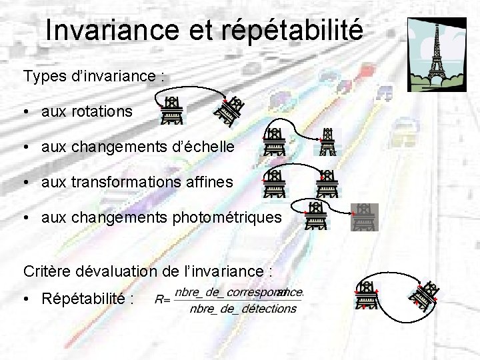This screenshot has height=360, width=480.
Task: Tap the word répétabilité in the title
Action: click(x=291, y=30)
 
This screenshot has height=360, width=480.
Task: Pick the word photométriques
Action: click(x=227, y=217)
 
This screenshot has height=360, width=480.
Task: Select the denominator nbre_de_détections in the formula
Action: click(x=243, y=309)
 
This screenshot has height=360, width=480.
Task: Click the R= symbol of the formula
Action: click(x=162, y=299)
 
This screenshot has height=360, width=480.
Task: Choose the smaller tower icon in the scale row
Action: click(x=326, y=142)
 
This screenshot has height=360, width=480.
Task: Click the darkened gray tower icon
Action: click(x=364, y=217)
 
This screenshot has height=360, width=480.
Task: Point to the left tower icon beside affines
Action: click(x=274, y=183)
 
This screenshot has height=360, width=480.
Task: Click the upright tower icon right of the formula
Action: click(x=366, y=295)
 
